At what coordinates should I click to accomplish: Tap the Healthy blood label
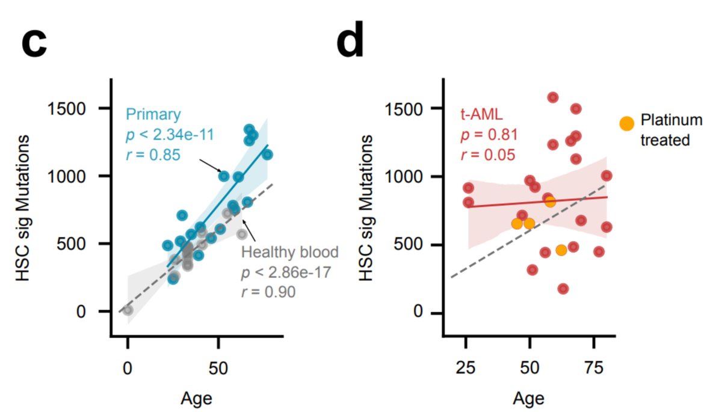point(290,251)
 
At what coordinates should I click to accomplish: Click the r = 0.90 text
point(268,292)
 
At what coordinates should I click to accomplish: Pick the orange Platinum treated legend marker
point(627,123)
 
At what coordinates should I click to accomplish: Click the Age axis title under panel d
point(529,398)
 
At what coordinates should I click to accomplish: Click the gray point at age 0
point(128,310)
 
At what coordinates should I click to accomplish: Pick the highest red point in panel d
point(553,97)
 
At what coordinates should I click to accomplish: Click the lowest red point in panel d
point(563,289)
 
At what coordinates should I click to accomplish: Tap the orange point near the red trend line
point(549,201)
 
